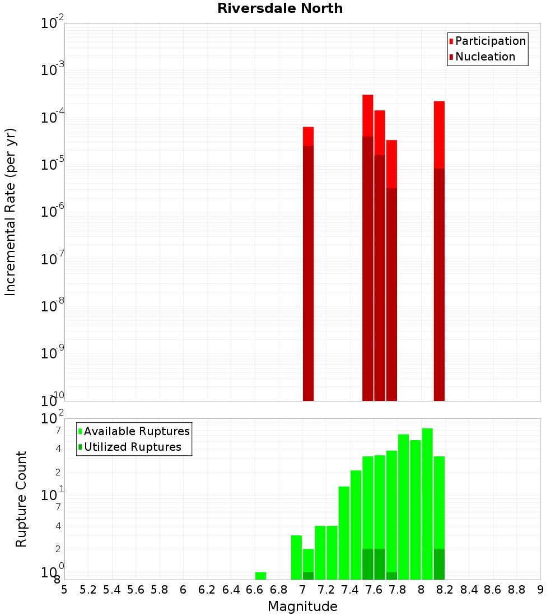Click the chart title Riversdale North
(280, 8)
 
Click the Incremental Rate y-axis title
(11, 212)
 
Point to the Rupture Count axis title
(21, 498)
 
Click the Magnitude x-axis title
(302, 606)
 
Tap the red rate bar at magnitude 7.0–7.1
(308, 263)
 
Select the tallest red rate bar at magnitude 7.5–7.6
(368, 246)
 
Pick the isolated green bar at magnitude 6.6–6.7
(260, 576)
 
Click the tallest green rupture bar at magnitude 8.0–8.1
(427, 504)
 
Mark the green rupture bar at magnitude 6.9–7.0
(296, 557)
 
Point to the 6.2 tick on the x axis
(207, 589)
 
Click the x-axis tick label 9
(540, 589)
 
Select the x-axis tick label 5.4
(112, 589)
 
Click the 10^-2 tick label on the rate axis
(52, 23)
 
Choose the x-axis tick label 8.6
(493, 589)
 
